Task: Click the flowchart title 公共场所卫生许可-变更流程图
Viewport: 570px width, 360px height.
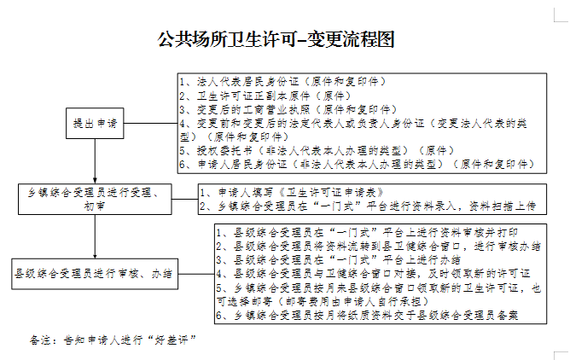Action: click(285, 39)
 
